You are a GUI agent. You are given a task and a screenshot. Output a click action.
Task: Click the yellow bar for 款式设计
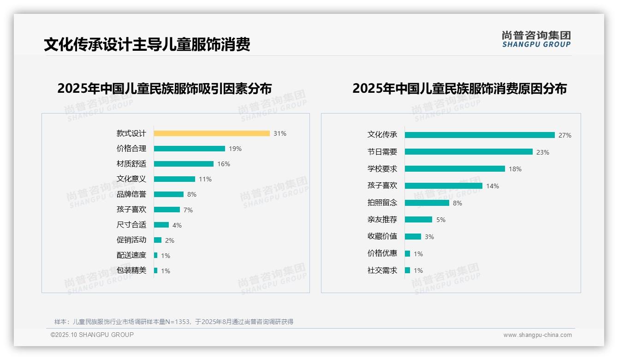212,133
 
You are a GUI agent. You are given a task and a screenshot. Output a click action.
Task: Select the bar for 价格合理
190,149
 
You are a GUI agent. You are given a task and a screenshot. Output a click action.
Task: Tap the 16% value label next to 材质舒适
224,164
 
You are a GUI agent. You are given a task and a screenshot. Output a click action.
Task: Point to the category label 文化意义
131,179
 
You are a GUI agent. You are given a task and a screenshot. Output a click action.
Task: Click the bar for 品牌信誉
169,194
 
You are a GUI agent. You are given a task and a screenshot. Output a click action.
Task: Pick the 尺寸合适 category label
131,225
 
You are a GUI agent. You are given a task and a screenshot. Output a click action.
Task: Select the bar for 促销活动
158,240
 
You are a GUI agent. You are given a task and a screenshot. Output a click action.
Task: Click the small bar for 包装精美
156,270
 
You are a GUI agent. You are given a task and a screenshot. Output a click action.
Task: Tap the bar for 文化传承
480,135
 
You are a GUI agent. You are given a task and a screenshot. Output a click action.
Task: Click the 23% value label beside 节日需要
542,152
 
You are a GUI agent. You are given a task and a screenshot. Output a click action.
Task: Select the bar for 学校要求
455,169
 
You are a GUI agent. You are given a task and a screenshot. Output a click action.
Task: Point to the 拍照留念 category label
382,203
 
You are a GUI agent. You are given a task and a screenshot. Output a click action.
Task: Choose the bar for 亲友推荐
418,220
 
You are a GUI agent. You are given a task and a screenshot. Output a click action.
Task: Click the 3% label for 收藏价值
429,237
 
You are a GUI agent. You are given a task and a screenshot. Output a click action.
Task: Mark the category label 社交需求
382,270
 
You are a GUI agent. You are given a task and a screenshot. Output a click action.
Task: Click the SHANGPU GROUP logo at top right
536,39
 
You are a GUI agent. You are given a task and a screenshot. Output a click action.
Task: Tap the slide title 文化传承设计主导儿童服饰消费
147,45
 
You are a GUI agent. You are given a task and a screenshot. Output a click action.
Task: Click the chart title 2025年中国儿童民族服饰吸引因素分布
164,88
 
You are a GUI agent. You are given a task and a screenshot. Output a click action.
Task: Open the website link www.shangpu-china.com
537,335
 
